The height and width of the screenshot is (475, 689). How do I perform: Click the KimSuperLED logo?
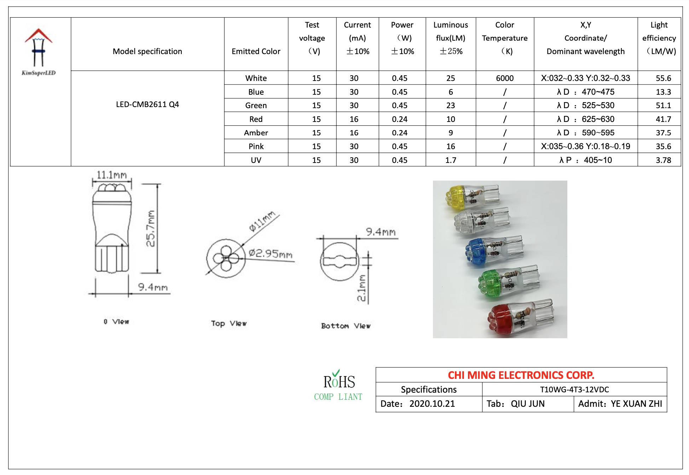39,52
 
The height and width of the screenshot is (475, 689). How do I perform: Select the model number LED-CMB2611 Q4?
147,105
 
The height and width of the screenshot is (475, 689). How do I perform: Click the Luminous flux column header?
451,38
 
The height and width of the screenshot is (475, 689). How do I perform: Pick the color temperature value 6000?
504,78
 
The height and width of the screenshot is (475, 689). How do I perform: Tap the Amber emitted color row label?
256,133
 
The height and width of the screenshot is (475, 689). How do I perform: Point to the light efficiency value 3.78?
663,160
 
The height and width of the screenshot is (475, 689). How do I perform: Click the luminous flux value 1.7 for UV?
451,160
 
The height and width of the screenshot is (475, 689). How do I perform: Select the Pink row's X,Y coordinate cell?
585,146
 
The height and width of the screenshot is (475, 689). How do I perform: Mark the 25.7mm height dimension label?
151,228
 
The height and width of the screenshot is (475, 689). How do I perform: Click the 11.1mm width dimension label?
111,175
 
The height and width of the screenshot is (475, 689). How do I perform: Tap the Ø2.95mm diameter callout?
271,253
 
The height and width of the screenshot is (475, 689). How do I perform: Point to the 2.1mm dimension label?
361,288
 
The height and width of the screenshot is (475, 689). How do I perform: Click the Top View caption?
228,323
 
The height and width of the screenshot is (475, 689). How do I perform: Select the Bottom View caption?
346,326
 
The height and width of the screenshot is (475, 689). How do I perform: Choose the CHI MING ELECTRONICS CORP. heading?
521,375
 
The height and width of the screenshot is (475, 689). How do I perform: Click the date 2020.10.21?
432,404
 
